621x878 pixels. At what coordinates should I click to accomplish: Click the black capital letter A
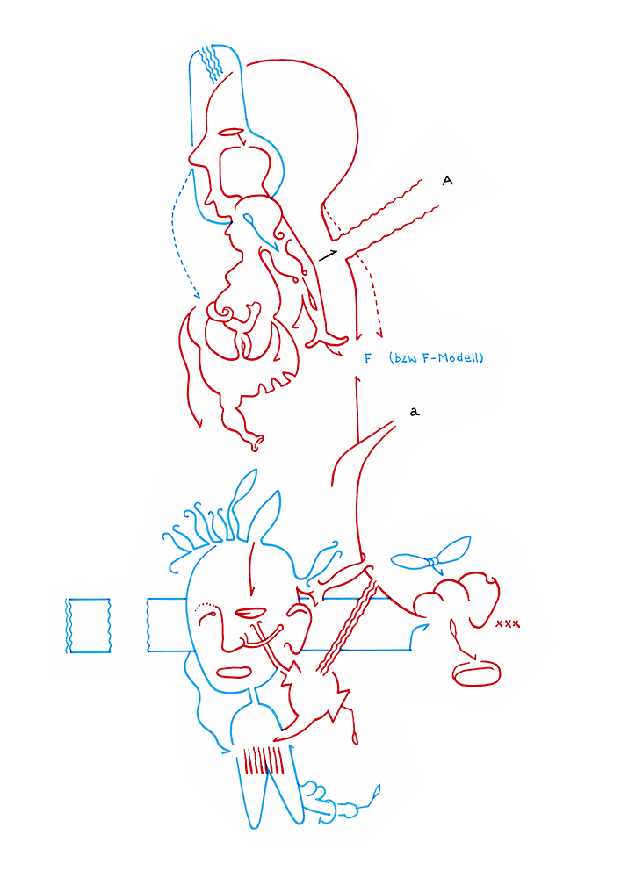447,180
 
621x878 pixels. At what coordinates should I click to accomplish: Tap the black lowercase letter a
414,412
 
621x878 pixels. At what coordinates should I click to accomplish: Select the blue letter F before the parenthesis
367,359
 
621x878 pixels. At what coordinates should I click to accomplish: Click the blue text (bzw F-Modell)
436,358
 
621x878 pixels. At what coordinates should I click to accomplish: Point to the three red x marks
508,623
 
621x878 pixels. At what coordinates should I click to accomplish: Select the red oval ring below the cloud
476,673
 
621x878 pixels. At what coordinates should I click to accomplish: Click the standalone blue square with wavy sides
88,625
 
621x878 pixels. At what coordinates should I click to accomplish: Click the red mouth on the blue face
235,673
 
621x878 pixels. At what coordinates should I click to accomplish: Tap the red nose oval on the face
250,612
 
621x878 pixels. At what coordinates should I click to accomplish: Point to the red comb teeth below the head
264,759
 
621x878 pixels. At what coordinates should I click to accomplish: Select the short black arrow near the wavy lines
329,255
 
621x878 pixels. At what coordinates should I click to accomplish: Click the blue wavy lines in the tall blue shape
212,63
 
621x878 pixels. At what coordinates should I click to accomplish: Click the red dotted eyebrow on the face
206,605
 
